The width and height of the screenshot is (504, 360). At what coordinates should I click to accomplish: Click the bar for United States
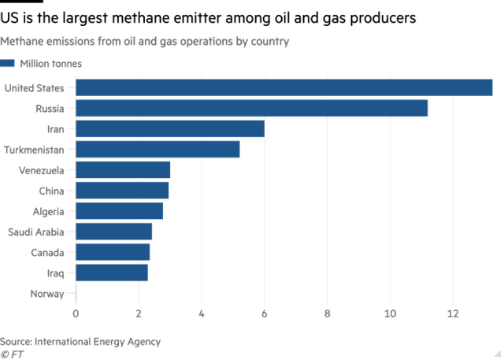click(284, 87)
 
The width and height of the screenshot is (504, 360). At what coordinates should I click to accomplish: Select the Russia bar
click(252, 108)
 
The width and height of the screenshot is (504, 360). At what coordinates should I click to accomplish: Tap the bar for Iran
click(170, 128)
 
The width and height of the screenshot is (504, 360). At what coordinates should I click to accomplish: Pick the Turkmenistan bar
click(158, 149)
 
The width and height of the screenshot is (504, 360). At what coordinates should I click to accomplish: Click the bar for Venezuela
click(124, 169)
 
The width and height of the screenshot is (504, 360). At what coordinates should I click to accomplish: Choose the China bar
click(123, 190)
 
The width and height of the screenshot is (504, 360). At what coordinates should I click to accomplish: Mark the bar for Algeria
click(120, 211)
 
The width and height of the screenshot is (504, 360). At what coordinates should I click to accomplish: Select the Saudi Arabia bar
click(115, 232)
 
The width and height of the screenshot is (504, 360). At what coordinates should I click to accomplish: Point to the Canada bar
click(113, 252)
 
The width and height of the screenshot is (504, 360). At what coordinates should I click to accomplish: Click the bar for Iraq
click(113, 273)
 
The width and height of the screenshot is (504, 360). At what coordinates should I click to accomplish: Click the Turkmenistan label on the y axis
click(35, 149)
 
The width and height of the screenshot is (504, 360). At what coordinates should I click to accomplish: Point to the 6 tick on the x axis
click(265, 313)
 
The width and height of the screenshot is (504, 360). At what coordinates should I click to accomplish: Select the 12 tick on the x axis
click(453, 313)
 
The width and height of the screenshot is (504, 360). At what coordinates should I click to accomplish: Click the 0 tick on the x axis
click(76, 313)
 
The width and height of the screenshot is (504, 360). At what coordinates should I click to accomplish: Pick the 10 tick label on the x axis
click(390, 313)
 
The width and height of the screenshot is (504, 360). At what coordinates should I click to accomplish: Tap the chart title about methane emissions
click(145, 39)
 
